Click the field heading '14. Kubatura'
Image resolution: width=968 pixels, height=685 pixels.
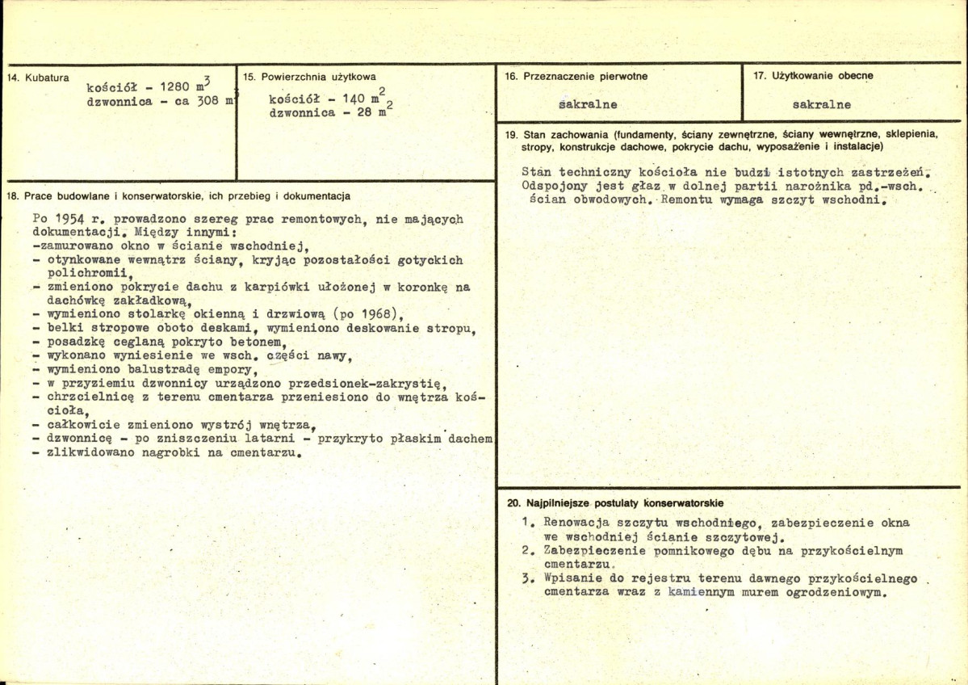[37, 78]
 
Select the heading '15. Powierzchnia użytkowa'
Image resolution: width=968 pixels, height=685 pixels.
[309, 77]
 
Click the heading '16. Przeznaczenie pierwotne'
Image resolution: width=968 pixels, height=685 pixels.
[576, 77]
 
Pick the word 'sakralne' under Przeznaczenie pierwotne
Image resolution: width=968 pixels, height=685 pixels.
[588, 104]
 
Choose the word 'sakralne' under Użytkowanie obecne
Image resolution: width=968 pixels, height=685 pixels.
[822, 104]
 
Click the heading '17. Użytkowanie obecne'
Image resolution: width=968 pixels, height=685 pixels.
[813, 76]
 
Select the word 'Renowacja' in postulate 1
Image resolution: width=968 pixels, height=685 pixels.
[576, 522]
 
